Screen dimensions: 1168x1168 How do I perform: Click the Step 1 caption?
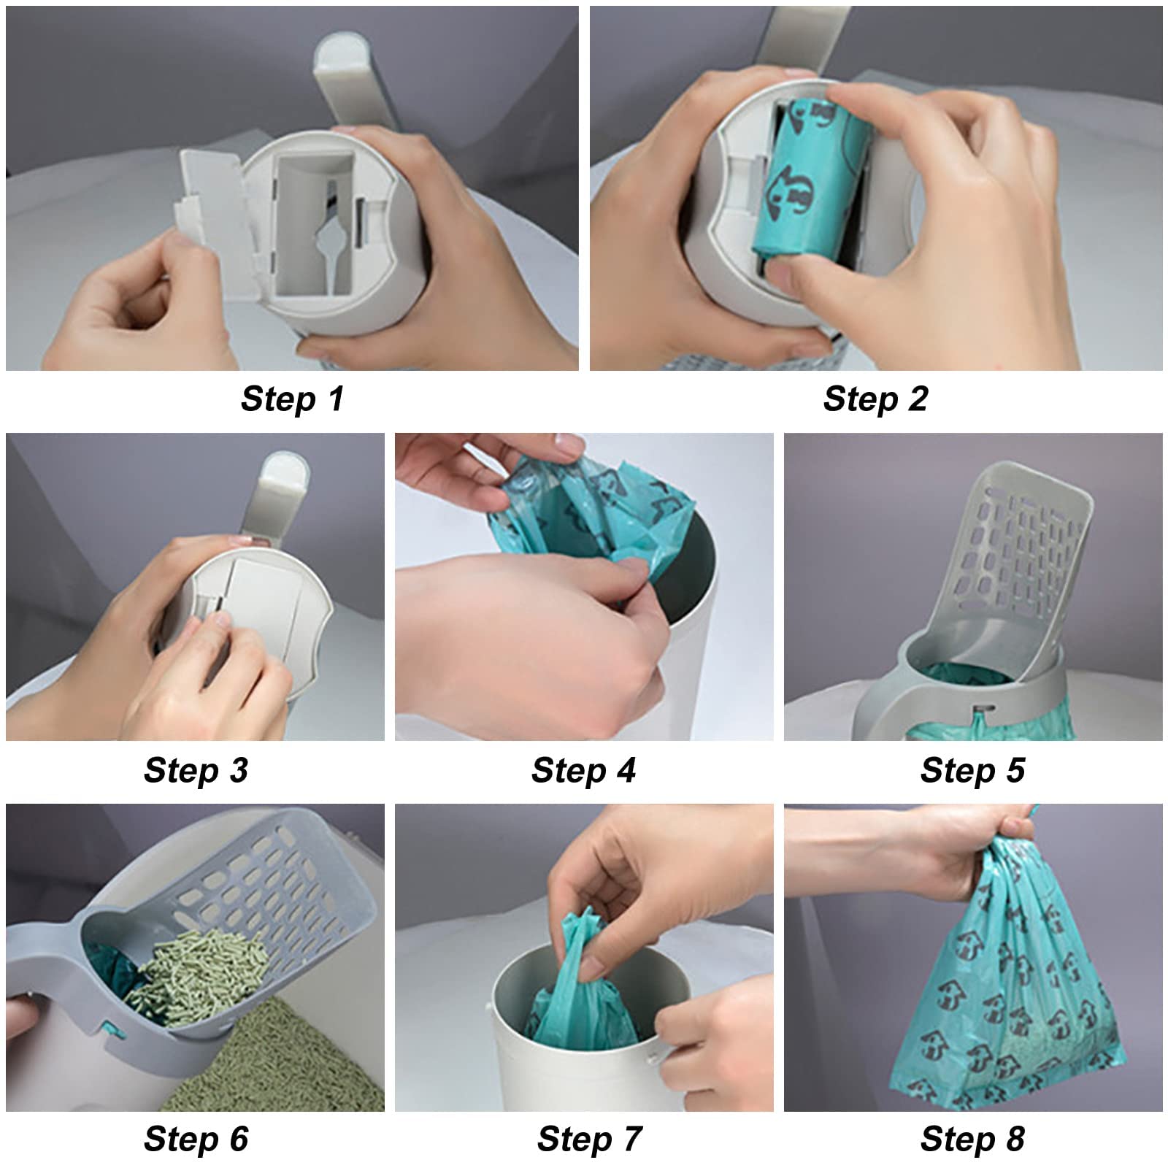[292, 399]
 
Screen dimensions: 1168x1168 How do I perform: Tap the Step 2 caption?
[875, 399]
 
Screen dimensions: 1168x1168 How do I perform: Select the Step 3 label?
[196, 771]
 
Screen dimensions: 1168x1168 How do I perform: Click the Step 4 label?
[583, 771]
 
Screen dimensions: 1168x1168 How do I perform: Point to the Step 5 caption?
[972, 771]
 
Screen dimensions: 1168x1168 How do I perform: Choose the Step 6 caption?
[196, 1140]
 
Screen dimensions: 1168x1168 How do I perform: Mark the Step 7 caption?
[589, 1140]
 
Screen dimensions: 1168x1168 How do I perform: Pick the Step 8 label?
[972, 1140]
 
